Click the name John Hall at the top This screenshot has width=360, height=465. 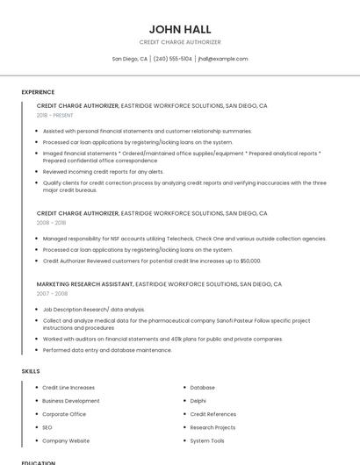pyautogui.click(x=180, y=29)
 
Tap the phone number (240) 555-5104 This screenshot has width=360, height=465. pyautogui.click(x=173, y=59)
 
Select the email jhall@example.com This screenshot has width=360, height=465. pyautogui.click(x=223, y=59)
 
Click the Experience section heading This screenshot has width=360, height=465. pyautogui.click(x=38, y=92)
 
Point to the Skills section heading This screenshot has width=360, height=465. pyautogui.click(x=31, y=371)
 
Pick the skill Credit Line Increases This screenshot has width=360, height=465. pyautogui.click(x=68, y=387)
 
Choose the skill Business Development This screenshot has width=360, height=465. pyautogui.click(x=71, y=400)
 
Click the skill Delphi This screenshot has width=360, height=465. pyautogui.click(x=199, y=400)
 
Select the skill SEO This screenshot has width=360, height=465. pyautogui.click(x=47, y=427)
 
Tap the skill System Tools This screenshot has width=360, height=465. pyautogui.click(x=207, y=440)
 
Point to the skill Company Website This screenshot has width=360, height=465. pyautogui.click(x=66, y=440)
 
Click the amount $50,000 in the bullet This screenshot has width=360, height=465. pyautogui.click(x=249, y=261)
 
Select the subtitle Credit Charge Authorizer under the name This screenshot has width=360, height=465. pyautogui.click(x=180, y=42)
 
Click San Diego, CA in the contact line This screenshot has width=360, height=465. pyautogui.click(x=130, y=59)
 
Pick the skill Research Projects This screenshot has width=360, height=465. pyautogui.click(x=212, y=427)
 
